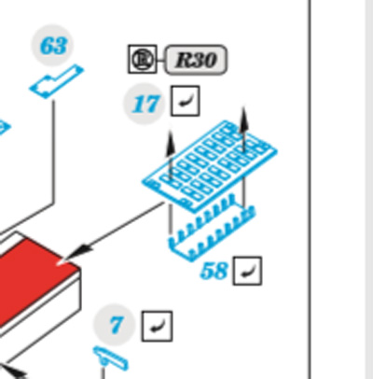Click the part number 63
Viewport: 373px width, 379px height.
(x=53, y=46)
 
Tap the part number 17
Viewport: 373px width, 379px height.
(x=146, y=104)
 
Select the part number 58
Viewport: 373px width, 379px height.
(x=214, y=271)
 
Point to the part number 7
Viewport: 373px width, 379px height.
(x=116, y=325)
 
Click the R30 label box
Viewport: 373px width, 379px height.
(x=196, y=60)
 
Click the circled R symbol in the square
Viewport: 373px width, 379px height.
(x=143, y=59)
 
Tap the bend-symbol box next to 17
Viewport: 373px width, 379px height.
(x=185, y=101)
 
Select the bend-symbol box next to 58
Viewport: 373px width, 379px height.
(x=247, y=271)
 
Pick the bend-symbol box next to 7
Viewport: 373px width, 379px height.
(x=157, y=326)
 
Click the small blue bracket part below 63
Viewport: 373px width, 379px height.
(x=57, y=81)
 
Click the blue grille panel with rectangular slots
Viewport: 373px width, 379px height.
(x=210, y=165)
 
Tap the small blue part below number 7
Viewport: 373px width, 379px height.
(x=111, y=358)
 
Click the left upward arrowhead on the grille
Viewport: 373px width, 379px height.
(x=170, y=144)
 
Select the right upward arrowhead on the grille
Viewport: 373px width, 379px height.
(x=244, y=120)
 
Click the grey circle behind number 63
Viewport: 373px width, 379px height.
(x=53, y=46)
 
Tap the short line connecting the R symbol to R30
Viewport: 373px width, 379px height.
(x=160, y=60)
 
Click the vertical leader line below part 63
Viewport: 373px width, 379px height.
(x=53, y=152)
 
